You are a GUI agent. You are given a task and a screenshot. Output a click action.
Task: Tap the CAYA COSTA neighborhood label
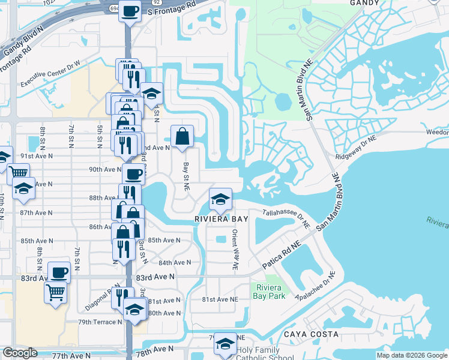click(312, 334)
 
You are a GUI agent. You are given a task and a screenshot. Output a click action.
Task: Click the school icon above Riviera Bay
click(220, 199)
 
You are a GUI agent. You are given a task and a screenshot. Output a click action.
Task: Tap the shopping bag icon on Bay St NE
click(182, 136)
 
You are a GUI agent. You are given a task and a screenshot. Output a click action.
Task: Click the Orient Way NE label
click(235, 242)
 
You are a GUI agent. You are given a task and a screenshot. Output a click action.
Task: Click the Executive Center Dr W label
click(58, 80)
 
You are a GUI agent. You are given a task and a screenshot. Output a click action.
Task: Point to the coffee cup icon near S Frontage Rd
click(130, 11)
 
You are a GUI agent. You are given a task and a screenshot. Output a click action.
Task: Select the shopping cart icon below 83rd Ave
click(55, 293)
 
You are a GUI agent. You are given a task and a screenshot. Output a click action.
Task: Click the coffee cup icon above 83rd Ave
click(59, 272)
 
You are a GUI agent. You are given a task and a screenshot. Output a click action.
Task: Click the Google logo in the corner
click(20, 353)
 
